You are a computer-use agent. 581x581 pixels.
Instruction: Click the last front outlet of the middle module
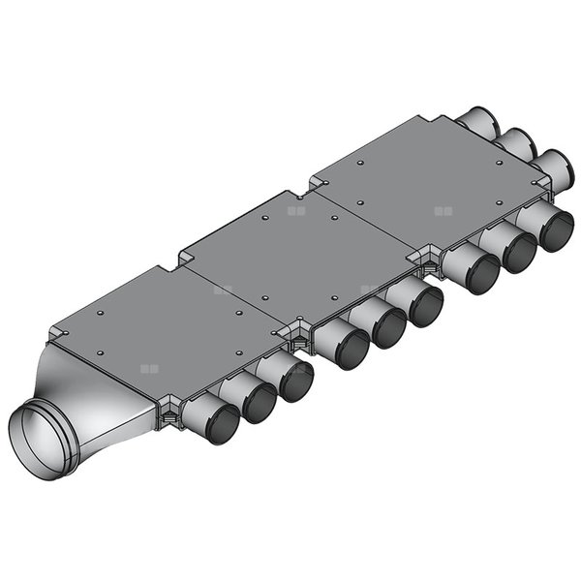[424, 306]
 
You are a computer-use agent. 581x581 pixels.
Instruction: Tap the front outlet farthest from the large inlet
[556, 230]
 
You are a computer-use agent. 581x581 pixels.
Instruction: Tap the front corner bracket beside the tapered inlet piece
[168, 411]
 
